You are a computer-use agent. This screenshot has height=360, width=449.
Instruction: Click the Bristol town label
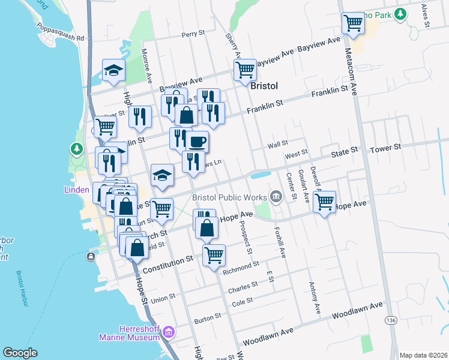tap(264, 86)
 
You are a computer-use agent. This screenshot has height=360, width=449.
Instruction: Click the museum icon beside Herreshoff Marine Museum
tap(169, 331)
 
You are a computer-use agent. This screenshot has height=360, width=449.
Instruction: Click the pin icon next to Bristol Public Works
tap(276, 196)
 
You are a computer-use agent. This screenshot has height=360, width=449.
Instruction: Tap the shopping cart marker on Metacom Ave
tap(353, 23)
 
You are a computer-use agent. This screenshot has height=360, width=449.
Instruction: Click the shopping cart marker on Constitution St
tap(214, 255)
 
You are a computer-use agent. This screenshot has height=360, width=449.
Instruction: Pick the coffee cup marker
tap(197, 142)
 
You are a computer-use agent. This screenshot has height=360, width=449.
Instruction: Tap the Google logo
tap(20, 352)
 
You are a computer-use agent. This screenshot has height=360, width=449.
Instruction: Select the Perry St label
tap(193, 35)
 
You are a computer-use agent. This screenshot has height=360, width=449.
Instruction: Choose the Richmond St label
tap(240, 264)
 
